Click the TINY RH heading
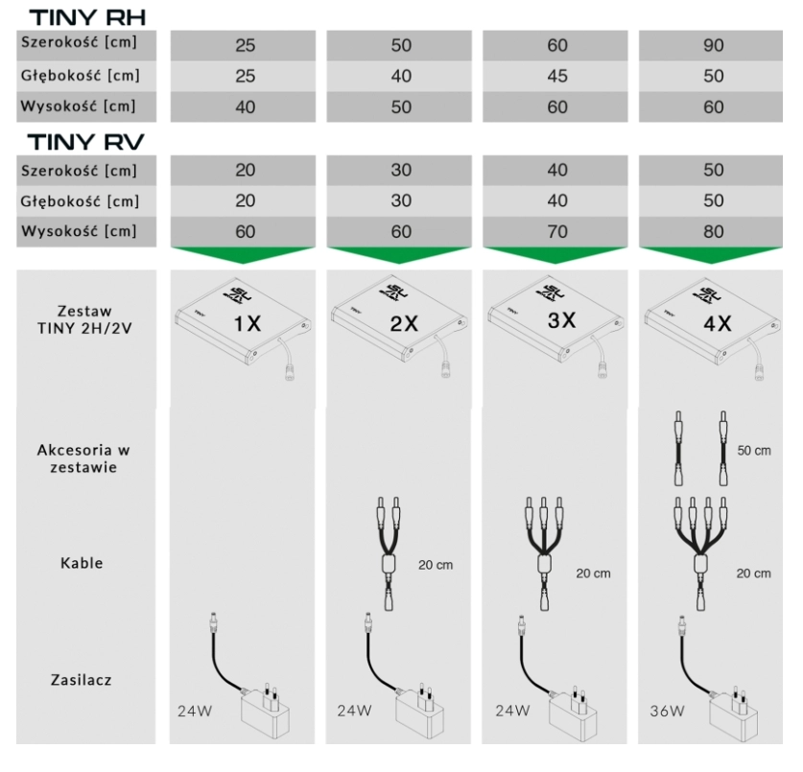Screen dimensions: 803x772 click(87, 17)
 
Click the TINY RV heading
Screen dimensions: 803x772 click(86, 142)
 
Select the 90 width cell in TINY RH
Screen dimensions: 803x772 click(713, 46)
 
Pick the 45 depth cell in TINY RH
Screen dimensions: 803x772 click(556, 77)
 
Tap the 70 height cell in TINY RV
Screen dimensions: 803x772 click(556, 231)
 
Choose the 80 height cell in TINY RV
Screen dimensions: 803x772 click(713, 231)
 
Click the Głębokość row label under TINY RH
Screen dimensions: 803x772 click(80, 76)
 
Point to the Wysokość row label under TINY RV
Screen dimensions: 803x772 click(79, 231)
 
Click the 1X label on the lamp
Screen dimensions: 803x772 click(248, 323)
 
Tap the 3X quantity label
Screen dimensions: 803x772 click(562, 320)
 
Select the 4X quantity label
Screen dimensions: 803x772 click(718, 323)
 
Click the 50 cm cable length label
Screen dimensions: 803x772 click(754, 451)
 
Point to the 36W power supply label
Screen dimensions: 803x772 click(667, 711)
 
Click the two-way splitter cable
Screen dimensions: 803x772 click(389, 554)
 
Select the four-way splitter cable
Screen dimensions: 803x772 click(700, 554)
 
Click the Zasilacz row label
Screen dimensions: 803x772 click(81, 680)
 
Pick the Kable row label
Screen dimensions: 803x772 click(82, 563)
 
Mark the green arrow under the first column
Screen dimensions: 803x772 click(243, 254)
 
